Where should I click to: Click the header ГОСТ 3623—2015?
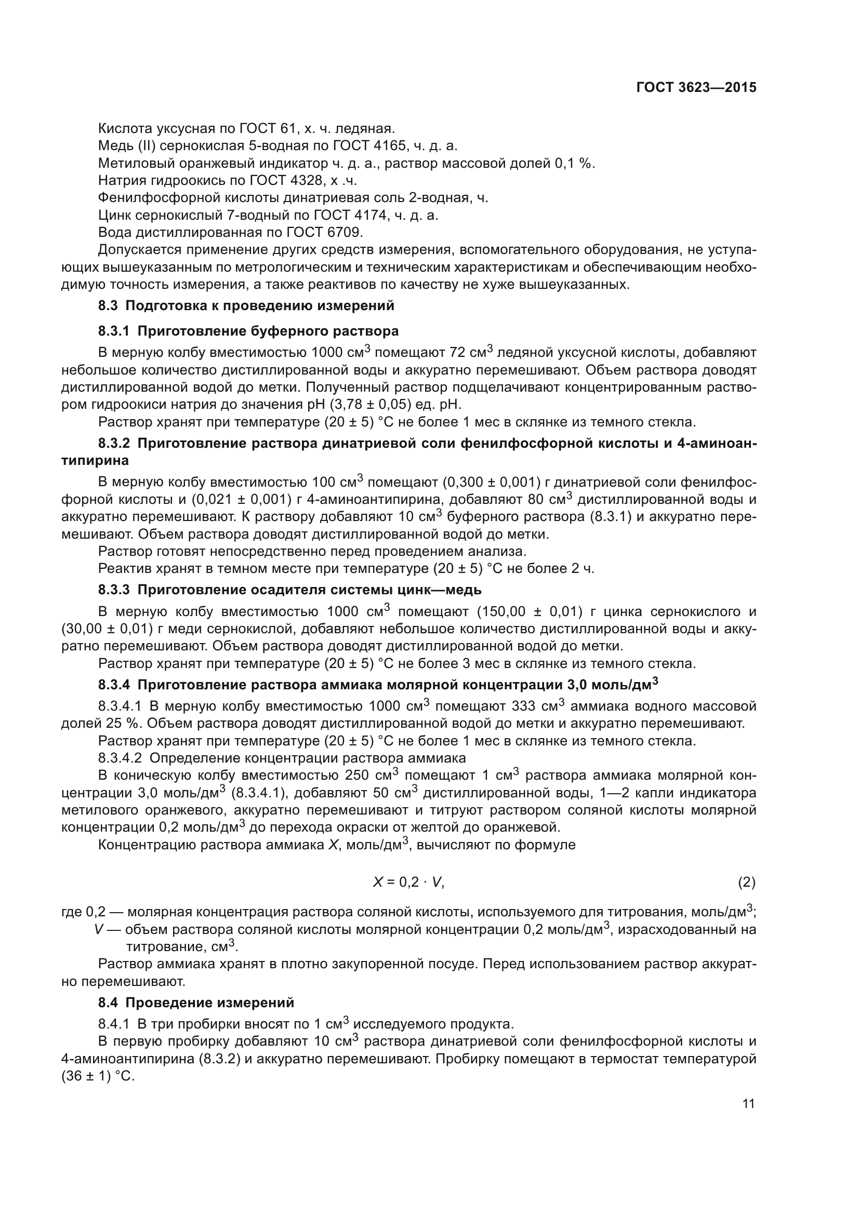696,88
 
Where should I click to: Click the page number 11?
748,1104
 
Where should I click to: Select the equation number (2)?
747,882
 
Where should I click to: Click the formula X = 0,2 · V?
408,882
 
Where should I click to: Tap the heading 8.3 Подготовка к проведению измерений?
246,305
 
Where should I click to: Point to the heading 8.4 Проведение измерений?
196,1003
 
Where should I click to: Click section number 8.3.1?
114,331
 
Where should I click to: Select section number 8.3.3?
114,590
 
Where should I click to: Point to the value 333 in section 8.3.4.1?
524,706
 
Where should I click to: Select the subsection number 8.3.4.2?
120,758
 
